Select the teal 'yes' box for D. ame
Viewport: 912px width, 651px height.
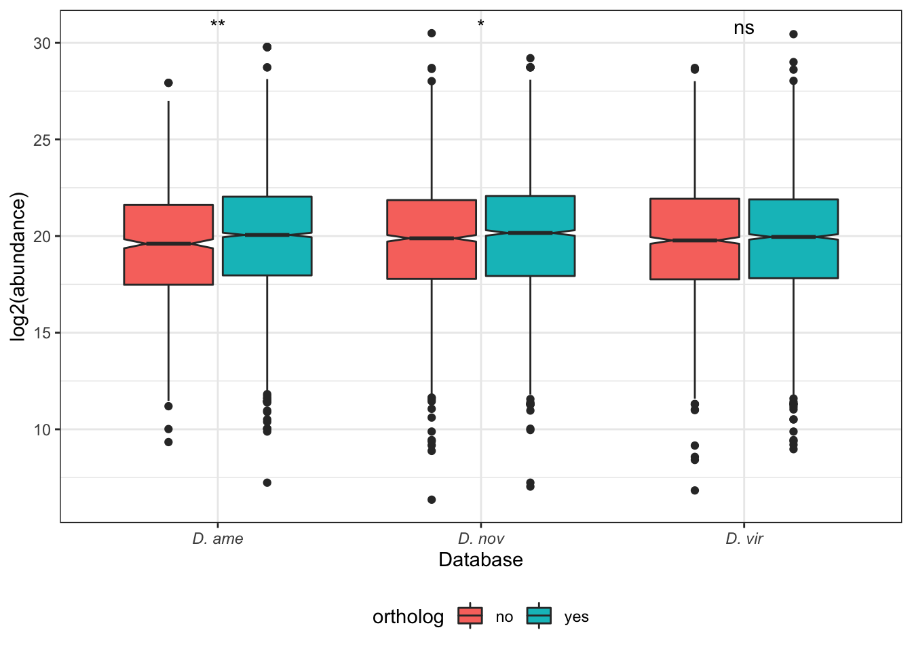tap(267, 258)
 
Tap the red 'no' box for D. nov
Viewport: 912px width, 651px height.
tap(432, 261)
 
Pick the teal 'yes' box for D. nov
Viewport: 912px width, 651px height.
tap(530, 258)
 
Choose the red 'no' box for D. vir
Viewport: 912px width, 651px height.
tap(695, 261)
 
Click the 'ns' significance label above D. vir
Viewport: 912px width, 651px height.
tap(744, 28)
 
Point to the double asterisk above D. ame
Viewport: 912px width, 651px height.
tap(217, 25)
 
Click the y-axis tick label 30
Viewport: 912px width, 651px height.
tap(42, 43)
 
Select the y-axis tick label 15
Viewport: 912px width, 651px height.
tap(42, 333)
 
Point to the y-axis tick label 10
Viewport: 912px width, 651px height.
tap(42, 429)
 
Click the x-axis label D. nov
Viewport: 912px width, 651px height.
tap(480, 539)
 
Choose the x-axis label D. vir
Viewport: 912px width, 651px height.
tap(744, 539)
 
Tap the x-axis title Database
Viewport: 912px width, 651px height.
tap(480, 560)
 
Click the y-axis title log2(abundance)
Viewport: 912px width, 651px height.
tap(19, 267)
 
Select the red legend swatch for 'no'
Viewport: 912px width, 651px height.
tap(470, 616)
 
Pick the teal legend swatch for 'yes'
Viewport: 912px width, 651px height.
tap(539, 616)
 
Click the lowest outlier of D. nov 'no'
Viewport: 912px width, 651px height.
tap(432, 500)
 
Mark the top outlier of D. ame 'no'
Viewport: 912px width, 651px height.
tap(168, 83)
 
